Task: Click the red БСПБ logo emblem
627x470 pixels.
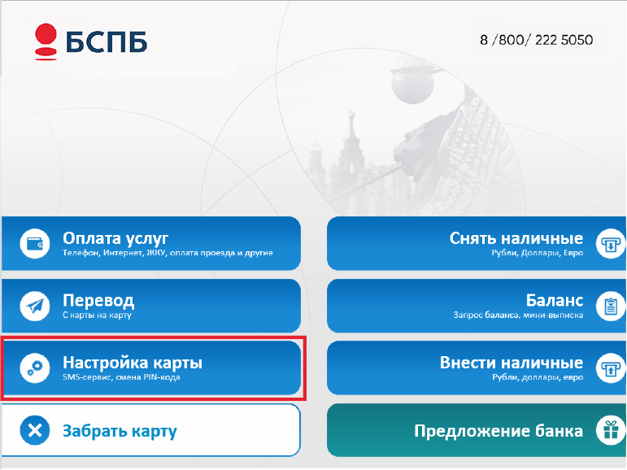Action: (46, 41)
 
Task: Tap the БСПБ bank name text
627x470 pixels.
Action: (107, 41)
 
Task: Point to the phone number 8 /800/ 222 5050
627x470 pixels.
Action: (536, 40)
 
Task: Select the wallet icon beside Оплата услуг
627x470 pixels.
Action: (35, 244)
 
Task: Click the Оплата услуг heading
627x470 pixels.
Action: (115, 238)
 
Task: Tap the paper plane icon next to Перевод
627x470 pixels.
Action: (35, 306)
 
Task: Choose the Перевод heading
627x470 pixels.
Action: (98, 300)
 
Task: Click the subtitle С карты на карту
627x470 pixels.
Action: (97, 316)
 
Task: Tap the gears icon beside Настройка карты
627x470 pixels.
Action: (35, 368)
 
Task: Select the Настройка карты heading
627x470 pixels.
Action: (133, 363)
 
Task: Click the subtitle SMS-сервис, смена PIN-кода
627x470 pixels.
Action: (121, 377)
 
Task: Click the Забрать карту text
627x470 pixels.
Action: (120, 431)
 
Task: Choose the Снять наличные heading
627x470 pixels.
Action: (516, 238)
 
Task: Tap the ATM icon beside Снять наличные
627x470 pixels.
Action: (611, 244)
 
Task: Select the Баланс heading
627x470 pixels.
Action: (555, 300)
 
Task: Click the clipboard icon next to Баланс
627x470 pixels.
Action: (611, 306)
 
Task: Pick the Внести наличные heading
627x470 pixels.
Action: (512, 363)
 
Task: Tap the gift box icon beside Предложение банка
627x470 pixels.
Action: (611, 430)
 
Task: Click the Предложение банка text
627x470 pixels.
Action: (499, 431)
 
